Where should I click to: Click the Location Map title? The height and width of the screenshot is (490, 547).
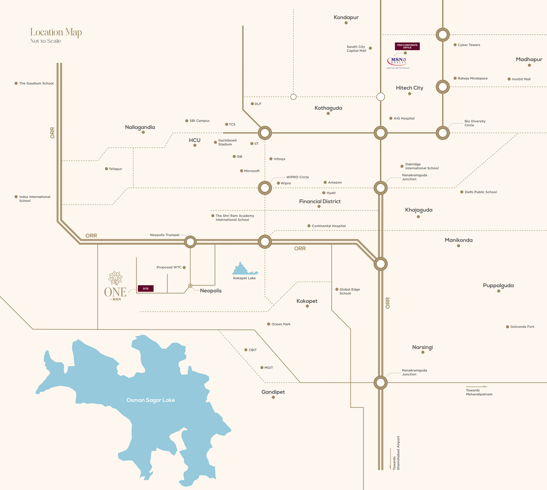pos(56,32)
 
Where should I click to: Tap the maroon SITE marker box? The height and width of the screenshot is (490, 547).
pos(146,289)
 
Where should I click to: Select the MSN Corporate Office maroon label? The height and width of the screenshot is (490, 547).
pos(407,46)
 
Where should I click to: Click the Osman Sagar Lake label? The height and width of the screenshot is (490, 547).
pos(150,400)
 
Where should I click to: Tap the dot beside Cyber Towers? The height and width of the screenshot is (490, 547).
pos(455,45)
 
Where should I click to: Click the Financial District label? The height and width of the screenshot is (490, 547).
pos(320,201)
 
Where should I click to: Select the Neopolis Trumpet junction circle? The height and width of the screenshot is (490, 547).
pos(190,242)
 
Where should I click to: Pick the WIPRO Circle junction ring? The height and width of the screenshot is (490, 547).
pos(265,188)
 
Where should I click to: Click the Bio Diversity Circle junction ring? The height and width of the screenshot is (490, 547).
pos(443,133)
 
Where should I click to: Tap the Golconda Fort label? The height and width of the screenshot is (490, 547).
pos(522,327)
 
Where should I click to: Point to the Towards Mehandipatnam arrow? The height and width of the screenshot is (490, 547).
pos(477,387)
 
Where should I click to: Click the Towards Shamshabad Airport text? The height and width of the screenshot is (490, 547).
pos(396,453)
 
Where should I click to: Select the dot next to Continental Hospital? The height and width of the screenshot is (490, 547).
pos(309,226)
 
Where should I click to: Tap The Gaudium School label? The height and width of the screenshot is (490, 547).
pos(36,83)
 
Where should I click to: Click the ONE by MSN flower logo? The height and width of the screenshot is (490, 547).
pos(116,278)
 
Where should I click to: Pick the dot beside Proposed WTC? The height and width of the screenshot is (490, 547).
pos(184,267)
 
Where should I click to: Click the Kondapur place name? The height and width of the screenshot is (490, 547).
pos(346,17)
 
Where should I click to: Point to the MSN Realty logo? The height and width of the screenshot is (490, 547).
pos(398,62)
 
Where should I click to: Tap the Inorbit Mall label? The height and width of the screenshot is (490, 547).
pos(521,79)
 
